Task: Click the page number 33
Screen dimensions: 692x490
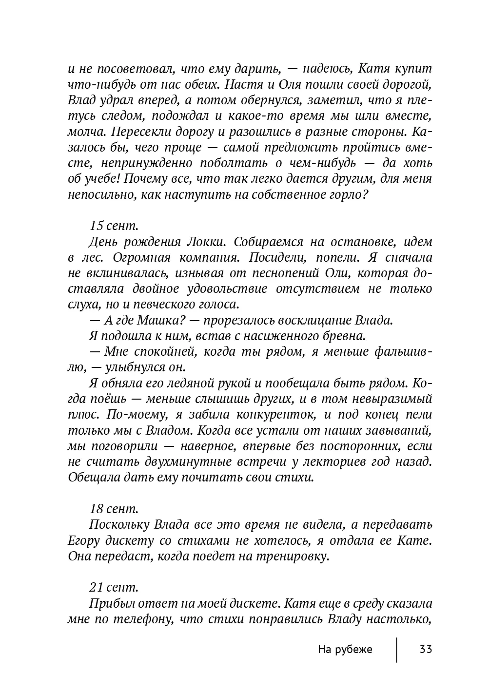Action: tap(425, 649)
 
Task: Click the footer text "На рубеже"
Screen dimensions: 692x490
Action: tap(345, 649)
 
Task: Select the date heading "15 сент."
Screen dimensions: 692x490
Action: tap(114, 226)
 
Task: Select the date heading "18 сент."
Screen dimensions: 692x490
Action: tap(114, 509)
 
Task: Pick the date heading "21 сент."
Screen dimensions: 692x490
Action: tap(114, 588)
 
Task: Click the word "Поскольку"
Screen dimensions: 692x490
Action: tap(119, 525)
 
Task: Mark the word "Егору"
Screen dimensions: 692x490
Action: tap(84, 540)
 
